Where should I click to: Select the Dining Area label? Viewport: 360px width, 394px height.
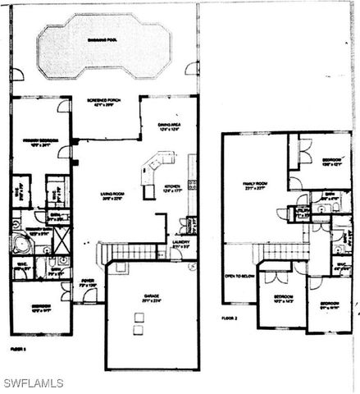(169, 127)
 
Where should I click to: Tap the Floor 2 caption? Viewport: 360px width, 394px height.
(230, 316)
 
